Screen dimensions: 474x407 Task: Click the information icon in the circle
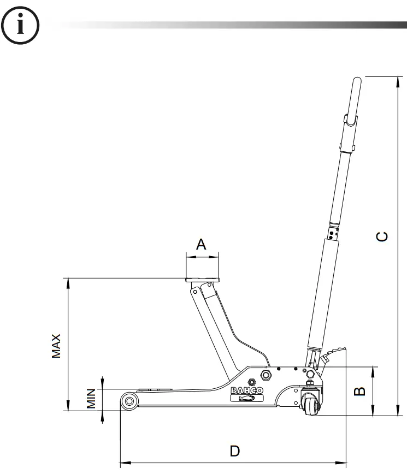(21, 25)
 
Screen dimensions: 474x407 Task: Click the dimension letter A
(202, 244)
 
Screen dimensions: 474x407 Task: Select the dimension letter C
(384, 236)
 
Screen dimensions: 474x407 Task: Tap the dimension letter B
(359, 392)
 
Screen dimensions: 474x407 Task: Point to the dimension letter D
(234, 451)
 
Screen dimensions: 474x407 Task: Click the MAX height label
(56, 346)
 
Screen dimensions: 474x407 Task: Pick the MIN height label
(91, 400)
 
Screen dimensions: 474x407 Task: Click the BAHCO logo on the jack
(247, 390)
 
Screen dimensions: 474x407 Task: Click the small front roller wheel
(129, 401)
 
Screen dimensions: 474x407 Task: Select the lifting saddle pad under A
(202, 280)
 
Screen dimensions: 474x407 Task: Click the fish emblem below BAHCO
(247, 398)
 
